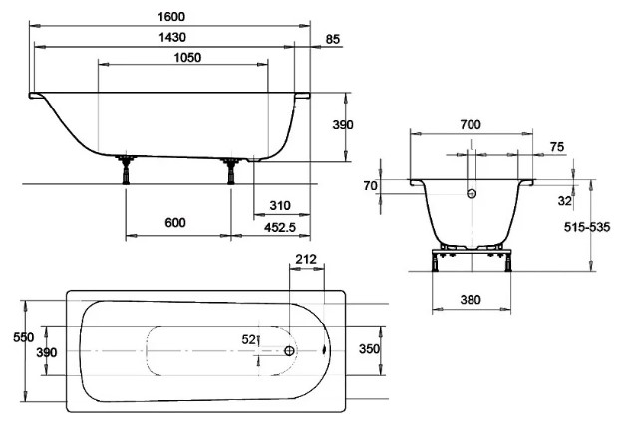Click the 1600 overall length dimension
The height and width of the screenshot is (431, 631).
171,17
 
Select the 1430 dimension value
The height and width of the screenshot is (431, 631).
172,38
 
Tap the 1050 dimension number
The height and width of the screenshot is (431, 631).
187,58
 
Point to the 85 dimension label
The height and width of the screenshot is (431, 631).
332,40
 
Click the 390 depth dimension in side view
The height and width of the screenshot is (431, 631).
343,125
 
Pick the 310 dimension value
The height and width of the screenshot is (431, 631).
280,206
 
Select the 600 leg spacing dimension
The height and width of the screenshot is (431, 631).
175,223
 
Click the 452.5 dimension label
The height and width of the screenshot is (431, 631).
280,228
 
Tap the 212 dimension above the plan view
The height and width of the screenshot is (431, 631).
306,259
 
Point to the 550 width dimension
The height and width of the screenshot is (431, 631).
23,337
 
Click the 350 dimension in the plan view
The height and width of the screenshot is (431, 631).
369,349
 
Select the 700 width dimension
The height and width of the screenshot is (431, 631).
471,125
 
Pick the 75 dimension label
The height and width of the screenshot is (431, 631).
557,147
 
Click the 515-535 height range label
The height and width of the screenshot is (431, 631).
587,227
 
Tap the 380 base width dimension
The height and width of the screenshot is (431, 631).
471,300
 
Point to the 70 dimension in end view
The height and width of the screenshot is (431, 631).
370,186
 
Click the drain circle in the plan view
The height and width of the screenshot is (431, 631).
289,351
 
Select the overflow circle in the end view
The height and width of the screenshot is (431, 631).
472,194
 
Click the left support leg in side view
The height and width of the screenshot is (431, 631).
126,170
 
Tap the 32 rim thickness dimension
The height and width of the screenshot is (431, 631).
565,201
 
